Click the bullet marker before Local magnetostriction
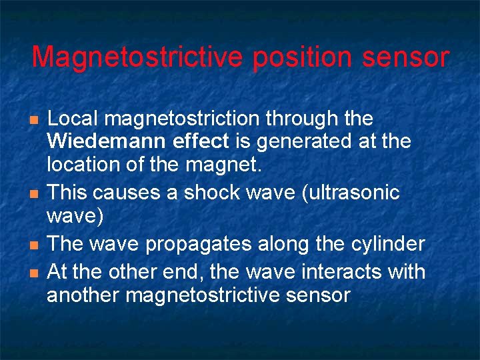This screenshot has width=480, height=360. tap(34, 121)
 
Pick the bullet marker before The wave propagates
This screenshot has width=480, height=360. tap(34, 246)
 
